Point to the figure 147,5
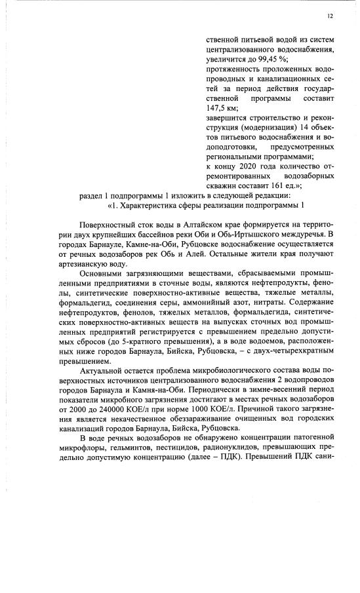click(x=220, y=107)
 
